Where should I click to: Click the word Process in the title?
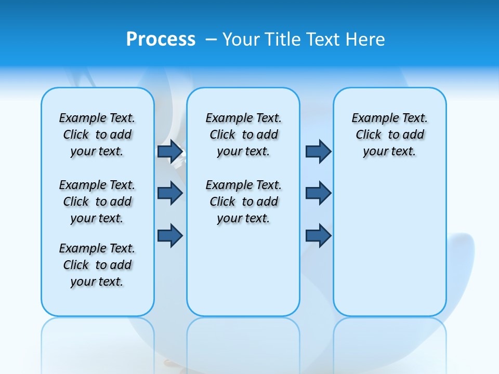(161, 39)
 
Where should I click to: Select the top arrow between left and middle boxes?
(170, 151)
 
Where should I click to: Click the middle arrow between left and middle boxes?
(170, 193)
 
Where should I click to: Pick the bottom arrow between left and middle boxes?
(170, 235)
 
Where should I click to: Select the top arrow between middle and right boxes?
(318, 151)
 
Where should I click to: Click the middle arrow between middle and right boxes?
(318, 193)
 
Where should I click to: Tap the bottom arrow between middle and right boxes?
(318, 235)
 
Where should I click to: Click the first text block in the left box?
(97, 135)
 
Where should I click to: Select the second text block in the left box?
(97, 202)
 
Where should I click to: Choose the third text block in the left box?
(97, 265)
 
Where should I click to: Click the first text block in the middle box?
(243, 135)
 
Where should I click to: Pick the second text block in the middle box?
(243, 202)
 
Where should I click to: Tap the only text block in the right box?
(390, 135)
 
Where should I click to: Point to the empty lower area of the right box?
(390, 244)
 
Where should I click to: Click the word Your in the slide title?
(241, 39)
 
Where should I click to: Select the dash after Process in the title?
(211, 39)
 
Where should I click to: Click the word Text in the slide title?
(324, 39)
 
